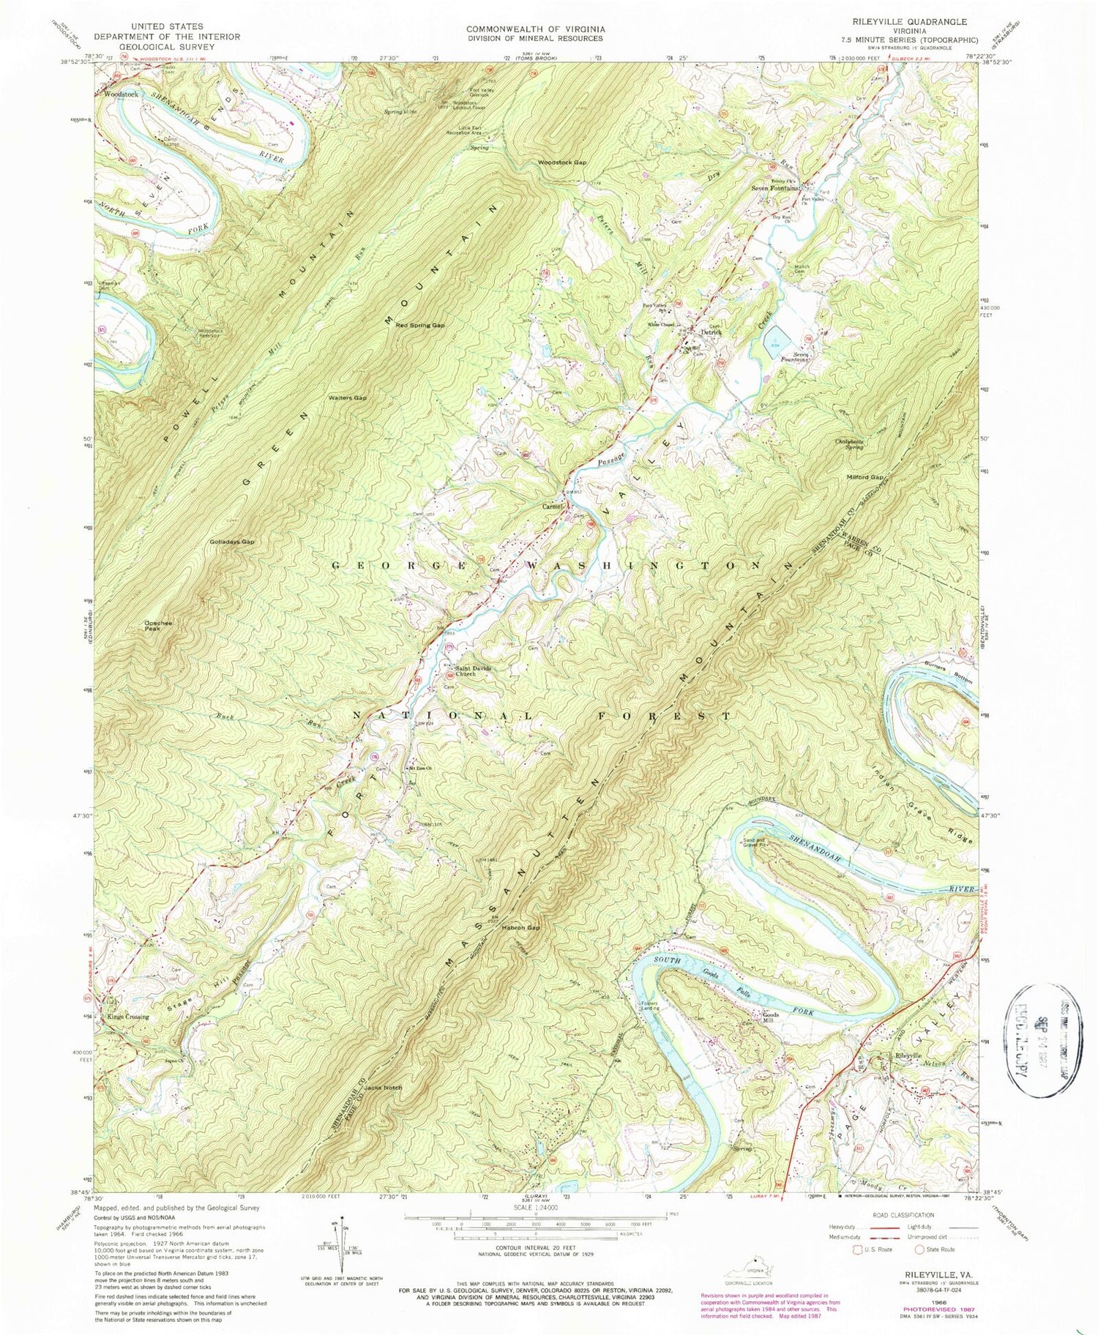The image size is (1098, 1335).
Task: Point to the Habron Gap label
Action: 520,927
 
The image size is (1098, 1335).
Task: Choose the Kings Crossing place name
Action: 127,1017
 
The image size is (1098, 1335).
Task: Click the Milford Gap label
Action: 867,476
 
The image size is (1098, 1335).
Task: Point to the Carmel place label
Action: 552,506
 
